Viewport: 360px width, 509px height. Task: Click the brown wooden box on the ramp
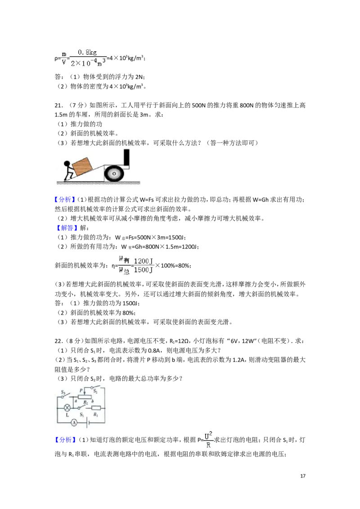click(x=82, y=166)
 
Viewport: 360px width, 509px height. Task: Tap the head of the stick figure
click(x=67, y=164)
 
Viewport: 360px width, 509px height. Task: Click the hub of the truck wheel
click(x=114, y=174)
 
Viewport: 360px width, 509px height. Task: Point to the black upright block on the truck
click(x=126, y=158)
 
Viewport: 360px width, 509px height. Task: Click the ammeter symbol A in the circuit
click(x=74, y=422)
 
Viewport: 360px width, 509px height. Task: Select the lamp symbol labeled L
click(x=67, y=408)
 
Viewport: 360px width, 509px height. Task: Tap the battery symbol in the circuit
click(x=88, y=422)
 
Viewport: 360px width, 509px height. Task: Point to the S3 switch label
click(x=63, y=393)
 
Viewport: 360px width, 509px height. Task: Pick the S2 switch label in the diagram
click(x=95, y=392)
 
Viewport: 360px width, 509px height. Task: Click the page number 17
click(x=303, y=476)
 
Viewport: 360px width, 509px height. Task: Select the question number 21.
click(x=58, y=105)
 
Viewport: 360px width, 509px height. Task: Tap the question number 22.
click(x=58, y=341)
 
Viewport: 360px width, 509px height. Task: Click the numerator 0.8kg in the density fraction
click(x=87, y=52)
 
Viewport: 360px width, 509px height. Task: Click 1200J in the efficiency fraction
click(x=143, y=261)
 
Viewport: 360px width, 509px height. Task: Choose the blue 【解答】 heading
click(x=67, y=228)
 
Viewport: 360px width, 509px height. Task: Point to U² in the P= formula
click(x=208, y=436)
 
